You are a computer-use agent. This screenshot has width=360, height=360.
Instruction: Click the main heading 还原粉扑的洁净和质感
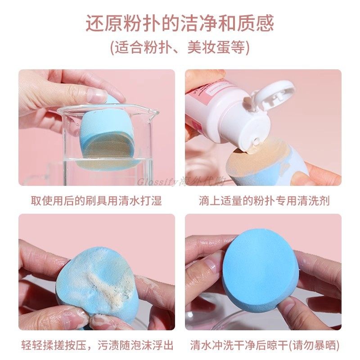180,24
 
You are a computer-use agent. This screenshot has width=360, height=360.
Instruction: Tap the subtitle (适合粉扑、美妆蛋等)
180,48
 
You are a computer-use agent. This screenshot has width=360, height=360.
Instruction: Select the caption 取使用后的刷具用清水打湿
96,200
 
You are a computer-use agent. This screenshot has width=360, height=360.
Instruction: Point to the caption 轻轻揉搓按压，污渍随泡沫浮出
96,346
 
